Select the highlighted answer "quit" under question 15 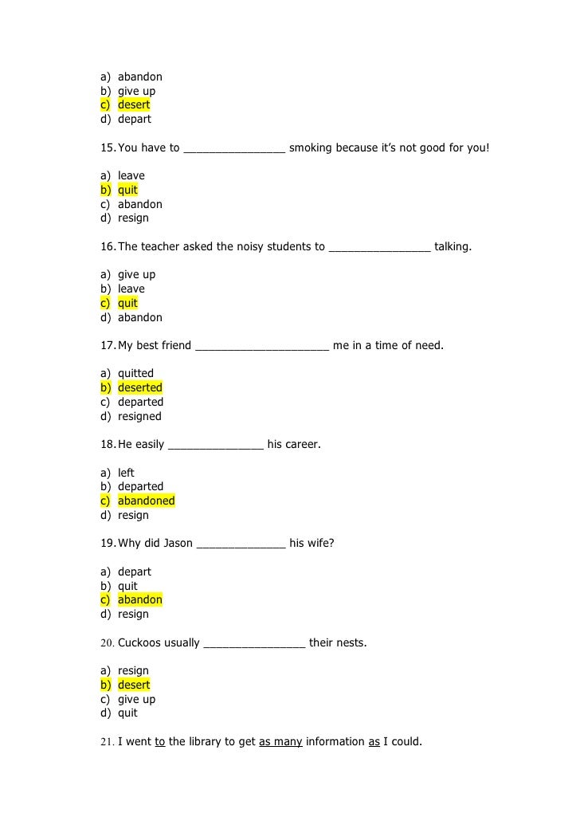[x=127, y=191]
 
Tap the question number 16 [x=108, y=247]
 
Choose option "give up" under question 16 [x=136, y=275]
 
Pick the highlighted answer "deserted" [x=139, y=388]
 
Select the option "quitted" [x=135, y=374]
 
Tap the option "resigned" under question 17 [x=139, y=416]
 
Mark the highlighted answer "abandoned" [x=146, y=501]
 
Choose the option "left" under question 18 [x=126, y=473]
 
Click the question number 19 [x=108, y=544]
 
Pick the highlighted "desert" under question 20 [x=134, y=685]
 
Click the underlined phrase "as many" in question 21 [x=280, y=742]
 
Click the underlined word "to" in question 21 [x=159, y=742]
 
